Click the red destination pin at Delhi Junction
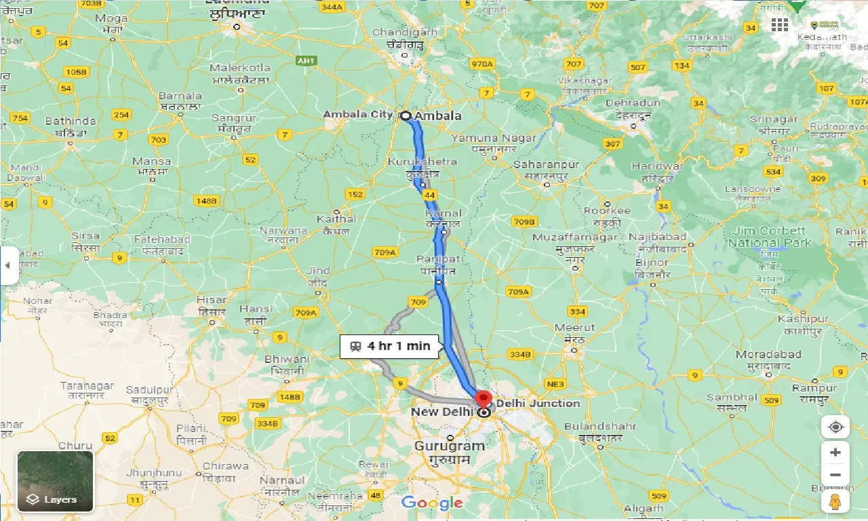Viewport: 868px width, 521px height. (x=483, y=399)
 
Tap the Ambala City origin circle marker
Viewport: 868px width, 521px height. (x=406, y=115)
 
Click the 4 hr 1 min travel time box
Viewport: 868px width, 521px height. (x=391, y=346)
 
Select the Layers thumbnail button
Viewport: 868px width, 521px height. (x=55, y=481)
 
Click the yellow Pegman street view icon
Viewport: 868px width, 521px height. (x=835, y=501)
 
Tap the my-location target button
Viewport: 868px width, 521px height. (x=835, y=427)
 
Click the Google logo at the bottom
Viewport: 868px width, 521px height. (x=431, y=503)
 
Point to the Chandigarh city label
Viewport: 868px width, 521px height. (x=405, y=33)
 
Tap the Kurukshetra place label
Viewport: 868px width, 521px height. (x=422, y=162)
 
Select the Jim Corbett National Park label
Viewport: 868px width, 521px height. (x=770, y=237)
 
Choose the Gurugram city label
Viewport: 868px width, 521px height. (x=450, y=446)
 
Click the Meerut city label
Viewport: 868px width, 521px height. (x=575, y=328)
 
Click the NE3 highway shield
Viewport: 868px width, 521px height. (x=555, y=384)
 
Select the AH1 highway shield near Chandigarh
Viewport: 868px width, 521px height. (x=307, y=61)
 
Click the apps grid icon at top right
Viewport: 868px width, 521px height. (x=780, y=24)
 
